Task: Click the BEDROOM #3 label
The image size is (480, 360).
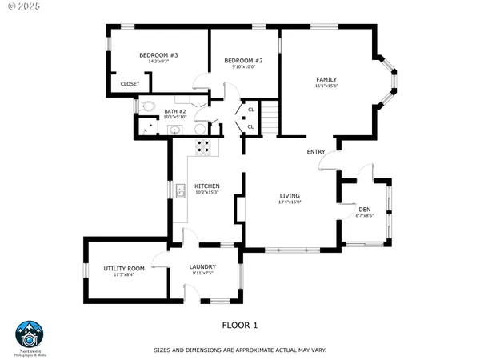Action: pos(158,55)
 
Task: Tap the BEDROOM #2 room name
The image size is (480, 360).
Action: pos(243,61)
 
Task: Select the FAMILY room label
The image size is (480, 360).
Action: pos(326,79)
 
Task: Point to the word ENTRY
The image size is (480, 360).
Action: pos(315,151)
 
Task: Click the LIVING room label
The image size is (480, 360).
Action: pos(289,196)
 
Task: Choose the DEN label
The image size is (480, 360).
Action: pos(364,210)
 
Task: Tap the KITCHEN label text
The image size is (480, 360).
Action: pos(206,186)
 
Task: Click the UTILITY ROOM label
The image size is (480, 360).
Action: pos(123,268)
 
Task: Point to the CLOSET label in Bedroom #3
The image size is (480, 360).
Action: pos(130,83)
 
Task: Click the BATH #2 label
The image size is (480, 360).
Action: pos(174,111)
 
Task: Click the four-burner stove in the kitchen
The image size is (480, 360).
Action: pos(204,146)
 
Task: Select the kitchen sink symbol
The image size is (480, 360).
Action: pos(181,190)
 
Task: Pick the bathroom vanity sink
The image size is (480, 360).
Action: pos(175,130)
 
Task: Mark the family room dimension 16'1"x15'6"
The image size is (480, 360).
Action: pos(326,86)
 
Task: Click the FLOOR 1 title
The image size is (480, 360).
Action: pos(239,326)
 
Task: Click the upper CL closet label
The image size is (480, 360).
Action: pos(250,110)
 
